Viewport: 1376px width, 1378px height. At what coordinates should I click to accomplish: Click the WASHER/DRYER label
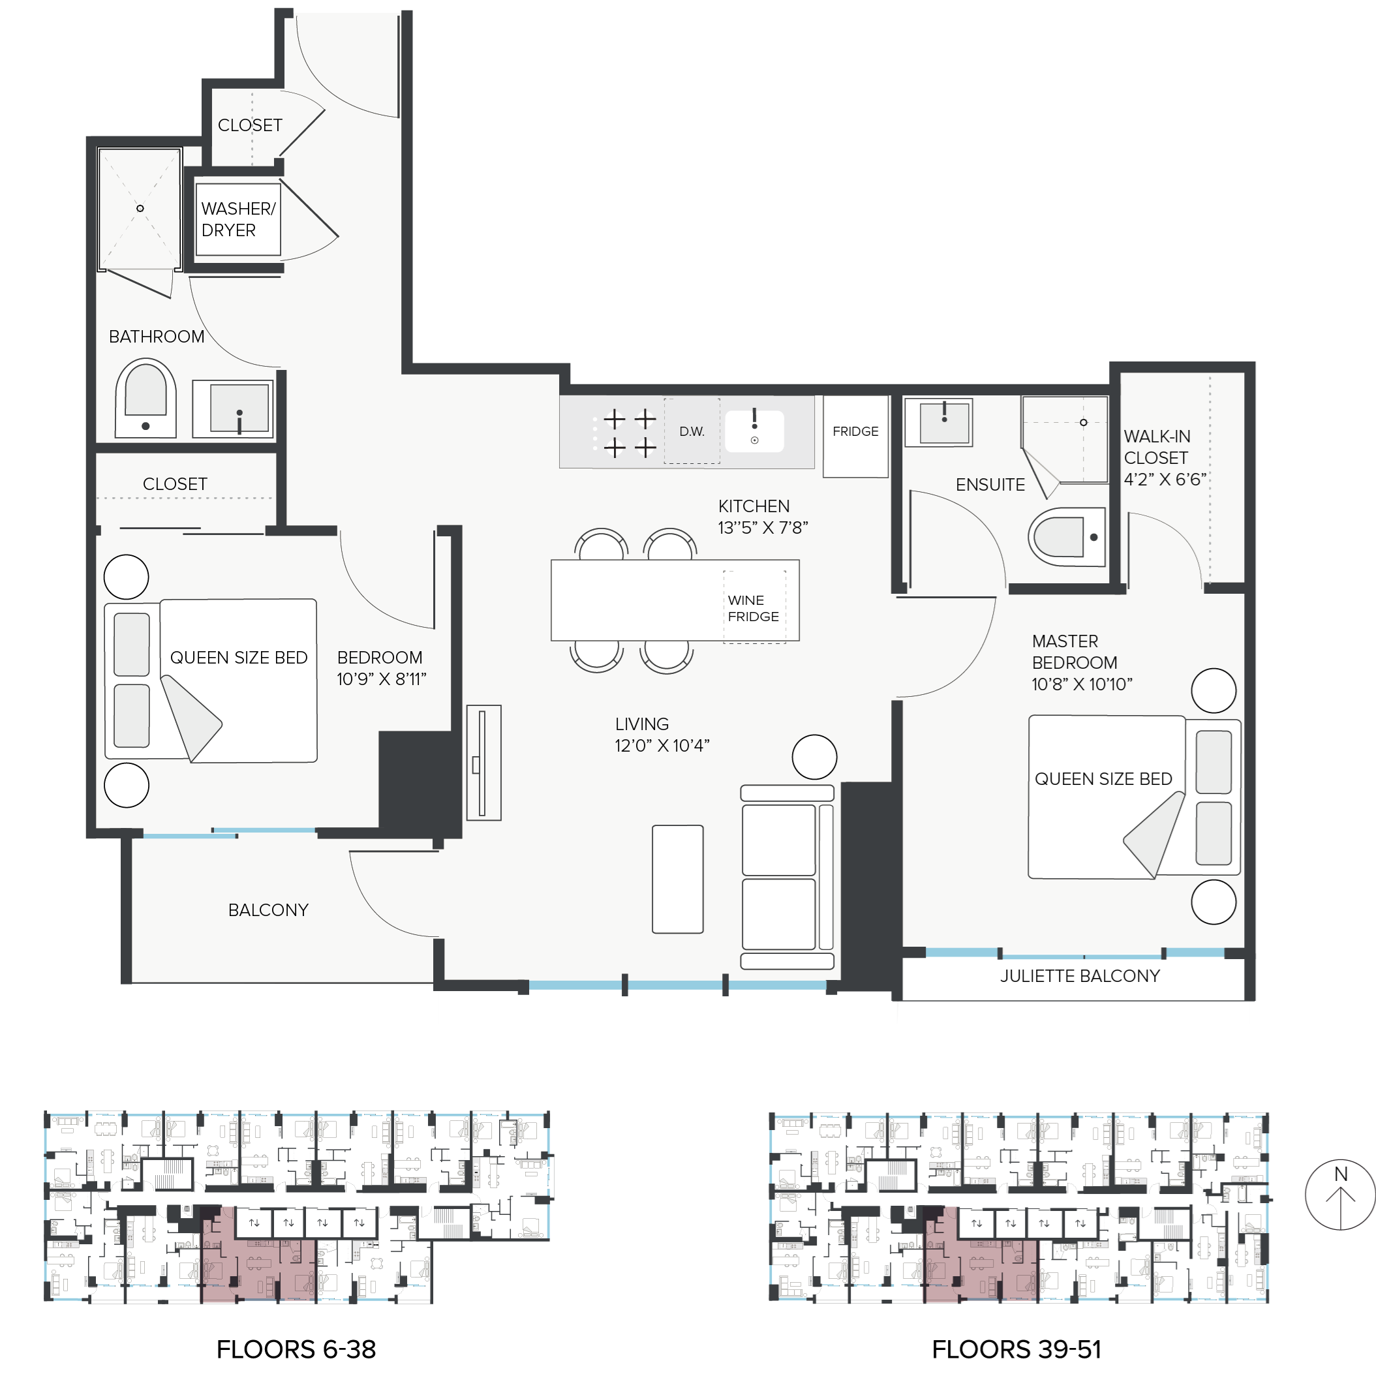click(237, 219)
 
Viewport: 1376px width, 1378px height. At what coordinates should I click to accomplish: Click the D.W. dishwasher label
click(691, 431)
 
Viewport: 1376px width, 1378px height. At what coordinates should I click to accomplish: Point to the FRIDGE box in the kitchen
click(855, 436)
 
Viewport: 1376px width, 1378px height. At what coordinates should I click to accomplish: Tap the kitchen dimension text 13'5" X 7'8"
click(763, 528)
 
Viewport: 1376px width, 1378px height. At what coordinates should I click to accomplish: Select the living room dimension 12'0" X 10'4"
click(662, 745)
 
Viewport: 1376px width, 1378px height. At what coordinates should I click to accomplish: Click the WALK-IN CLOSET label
click(1157, 447)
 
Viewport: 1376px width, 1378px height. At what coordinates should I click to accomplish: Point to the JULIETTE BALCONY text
click(1079, 975)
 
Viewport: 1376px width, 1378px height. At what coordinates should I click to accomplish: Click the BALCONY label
click(268, 910)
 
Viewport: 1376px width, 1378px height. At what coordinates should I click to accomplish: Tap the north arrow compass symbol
click(1339, 1195)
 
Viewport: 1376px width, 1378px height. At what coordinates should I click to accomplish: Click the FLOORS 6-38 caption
click(296, 1349)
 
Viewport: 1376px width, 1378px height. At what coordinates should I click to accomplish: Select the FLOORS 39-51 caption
click(1017, 1349)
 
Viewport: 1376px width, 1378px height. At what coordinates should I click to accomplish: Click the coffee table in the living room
click(678, 879)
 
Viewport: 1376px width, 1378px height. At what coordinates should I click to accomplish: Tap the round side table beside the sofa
click(814, 757)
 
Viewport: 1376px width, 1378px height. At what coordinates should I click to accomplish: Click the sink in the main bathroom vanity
click(239, 408)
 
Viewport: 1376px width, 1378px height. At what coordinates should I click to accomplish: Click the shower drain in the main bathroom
click(140, 208)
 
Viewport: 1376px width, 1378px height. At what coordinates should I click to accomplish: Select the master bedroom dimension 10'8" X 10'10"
click(1081, 684)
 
